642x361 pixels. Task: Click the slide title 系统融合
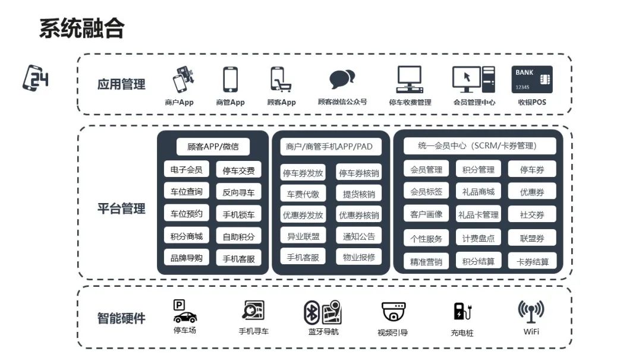[x=81, y=28]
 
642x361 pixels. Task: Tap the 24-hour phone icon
[x=36, y=78]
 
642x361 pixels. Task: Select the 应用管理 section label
[x=121, y=84]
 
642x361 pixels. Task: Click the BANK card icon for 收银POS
[x=531, y=80]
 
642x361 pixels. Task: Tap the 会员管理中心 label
[x=474, y=102]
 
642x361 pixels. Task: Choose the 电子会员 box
[x=186, y=170]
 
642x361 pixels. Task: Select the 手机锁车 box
[x=238, y=214]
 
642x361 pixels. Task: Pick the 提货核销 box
[x=358, y=194]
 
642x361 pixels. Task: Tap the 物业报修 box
[x=358, y=257]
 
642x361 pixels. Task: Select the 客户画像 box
[x=426, y=214]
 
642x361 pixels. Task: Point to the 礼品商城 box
[x=478, y=192]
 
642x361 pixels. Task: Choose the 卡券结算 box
[x=532, y=261]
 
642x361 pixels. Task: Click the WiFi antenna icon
[x=531, y=312]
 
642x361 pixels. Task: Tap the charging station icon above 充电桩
[x=461, y=312]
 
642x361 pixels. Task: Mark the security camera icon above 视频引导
[x=393, y=312]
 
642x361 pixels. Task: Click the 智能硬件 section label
[x=121, y=318]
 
